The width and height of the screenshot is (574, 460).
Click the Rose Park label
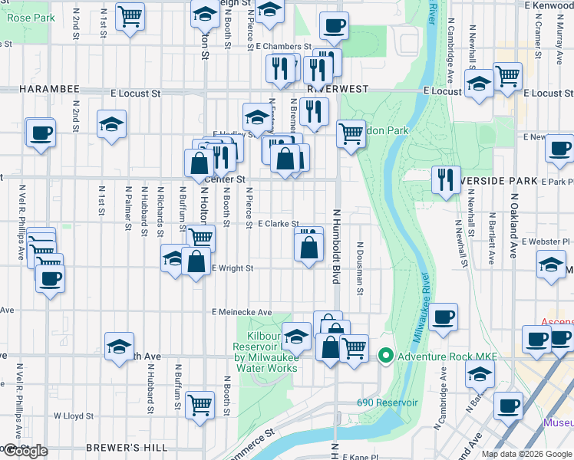(x=31, y=17)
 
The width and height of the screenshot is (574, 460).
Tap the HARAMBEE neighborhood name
(x=32, y=89)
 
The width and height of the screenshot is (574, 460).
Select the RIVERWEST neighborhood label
(x=328, y=88)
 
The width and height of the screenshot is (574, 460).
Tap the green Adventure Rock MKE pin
(x=386, y=356)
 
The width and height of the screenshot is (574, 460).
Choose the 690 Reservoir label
(x=387, y=402)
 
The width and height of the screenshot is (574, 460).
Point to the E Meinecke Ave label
(x=242, y=313)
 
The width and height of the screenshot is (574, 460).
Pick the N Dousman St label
(x=359, y=268)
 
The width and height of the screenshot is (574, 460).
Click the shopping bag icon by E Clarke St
(x=308, y=248)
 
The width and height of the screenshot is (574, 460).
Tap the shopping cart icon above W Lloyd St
(x=200, y=402)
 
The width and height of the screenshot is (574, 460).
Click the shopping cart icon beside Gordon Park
(x=351, y=133)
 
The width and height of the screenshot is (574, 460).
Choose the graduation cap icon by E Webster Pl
(x=551, y=264)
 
